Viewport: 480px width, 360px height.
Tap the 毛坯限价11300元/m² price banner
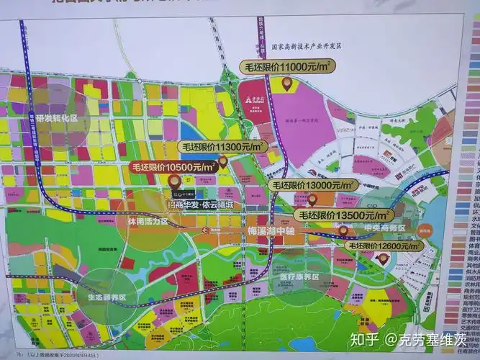[222, 146]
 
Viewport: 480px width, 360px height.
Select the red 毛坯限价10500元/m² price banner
[173, 167]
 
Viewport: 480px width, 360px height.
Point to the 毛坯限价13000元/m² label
[314, 185]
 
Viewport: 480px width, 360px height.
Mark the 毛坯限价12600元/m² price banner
[385, 246]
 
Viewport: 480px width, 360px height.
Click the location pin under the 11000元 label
[286, 84]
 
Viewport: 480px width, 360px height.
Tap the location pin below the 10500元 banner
[173, 182]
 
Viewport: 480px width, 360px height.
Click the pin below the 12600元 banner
[382, 258]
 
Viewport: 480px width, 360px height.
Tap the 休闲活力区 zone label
[148, 222]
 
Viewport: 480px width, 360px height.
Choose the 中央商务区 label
[384, 228]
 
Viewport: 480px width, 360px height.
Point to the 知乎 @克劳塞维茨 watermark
[410, 338]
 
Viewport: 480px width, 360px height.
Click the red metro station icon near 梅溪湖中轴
[206, 230]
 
